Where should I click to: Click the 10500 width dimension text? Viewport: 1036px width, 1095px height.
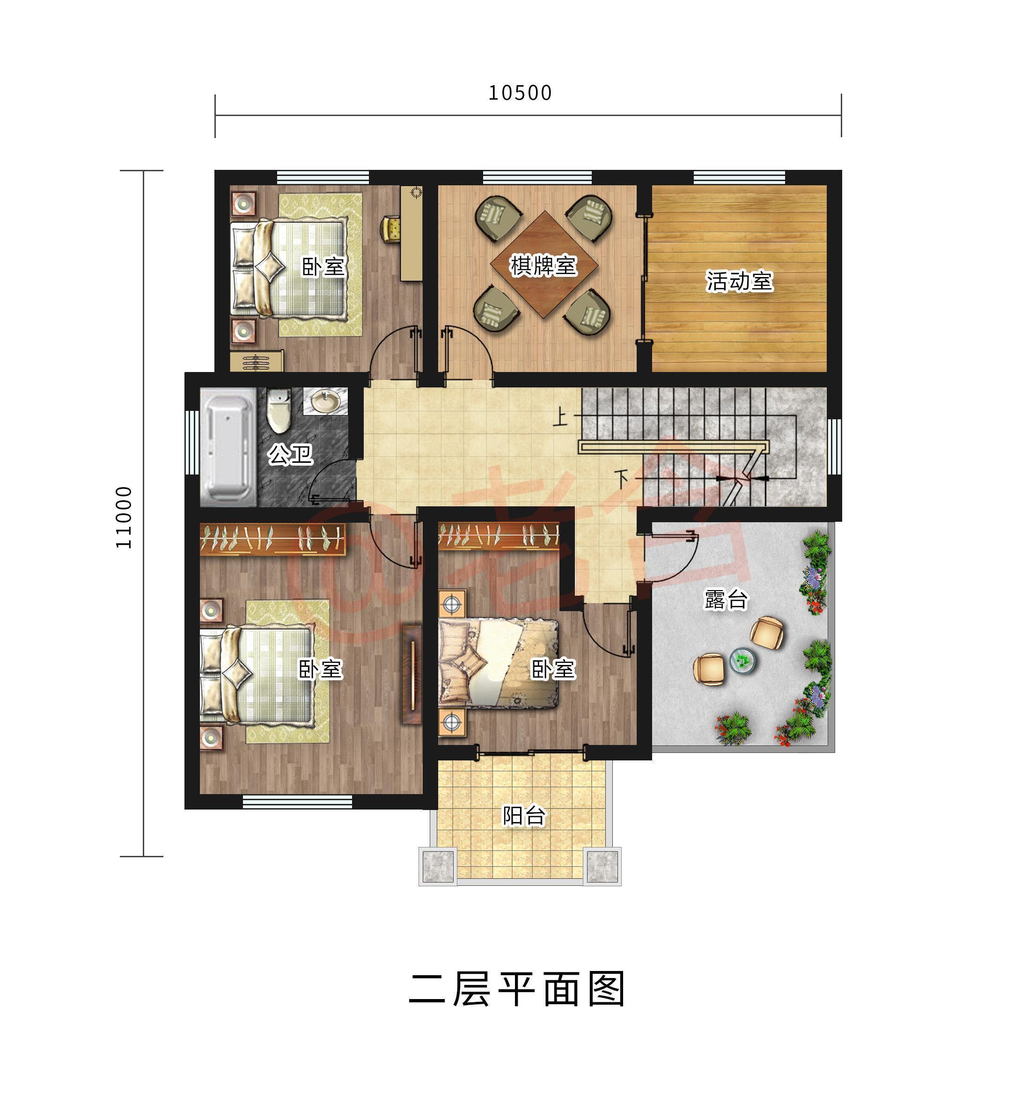520,93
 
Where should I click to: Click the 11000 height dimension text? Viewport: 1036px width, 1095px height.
124,517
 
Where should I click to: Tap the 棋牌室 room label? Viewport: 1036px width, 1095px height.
544,265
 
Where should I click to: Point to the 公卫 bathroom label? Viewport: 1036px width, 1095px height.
290,454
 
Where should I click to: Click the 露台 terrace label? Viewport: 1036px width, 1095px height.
726,599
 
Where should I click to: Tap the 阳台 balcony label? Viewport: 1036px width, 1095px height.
523,815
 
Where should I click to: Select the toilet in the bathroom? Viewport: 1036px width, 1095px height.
279,411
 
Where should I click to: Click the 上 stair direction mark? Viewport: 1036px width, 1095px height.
560,417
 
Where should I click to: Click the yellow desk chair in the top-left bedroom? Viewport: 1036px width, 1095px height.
391,228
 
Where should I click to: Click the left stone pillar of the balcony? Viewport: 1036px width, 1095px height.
438,865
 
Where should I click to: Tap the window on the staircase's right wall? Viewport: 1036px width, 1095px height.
834,446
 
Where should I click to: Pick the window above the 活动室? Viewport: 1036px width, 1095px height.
739,177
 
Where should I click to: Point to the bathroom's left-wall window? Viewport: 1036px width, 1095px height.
191,442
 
